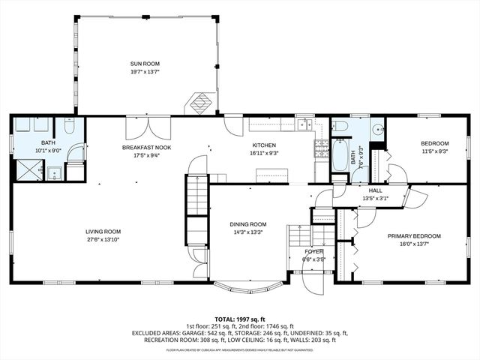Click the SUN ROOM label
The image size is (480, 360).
(145, 64)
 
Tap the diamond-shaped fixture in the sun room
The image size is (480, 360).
(199, 103)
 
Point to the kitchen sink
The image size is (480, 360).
(304, 124)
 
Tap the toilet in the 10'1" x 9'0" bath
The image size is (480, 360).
(69, 127)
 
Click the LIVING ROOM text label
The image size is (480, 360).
(103, 232)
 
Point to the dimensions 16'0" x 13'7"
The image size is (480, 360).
(414, 244)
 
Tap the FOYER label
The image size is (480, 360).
(313, 251)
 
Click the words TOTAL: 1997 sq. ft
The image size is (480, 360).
(240, 318)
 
